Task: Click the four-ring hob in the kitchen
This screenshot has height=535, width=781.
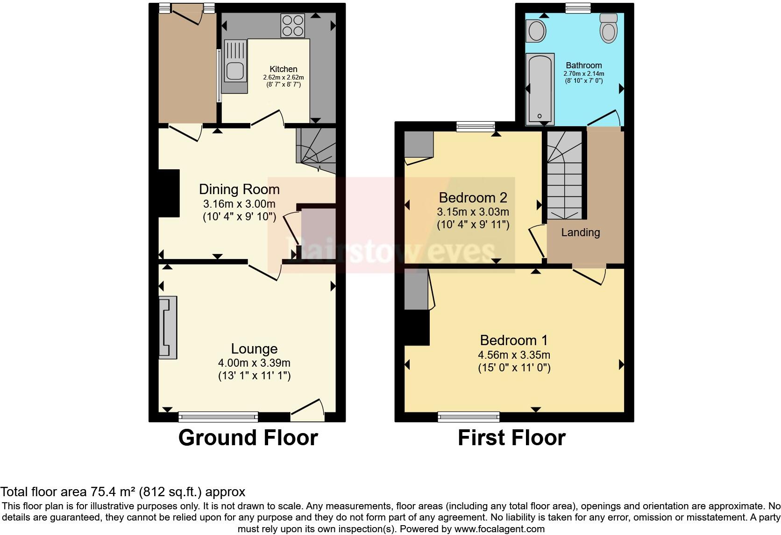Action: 293,25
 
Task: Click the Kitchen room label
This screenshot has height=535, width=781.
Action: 283,69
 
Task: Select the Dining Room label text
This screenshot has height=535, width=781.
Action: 239,189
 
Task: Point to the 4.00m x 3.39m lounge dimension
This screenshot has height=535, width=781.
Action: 254,363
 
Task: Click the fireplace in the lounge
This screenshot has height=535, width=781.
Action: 168,327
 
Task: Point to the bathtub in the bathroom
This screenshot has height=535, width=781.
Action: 540,89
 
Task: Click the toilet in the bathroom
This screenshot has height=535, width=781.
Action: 608,28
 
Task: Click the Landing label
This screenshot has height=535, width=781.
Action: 580,232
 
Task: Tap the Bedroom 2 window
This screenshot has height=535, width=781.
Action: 475,126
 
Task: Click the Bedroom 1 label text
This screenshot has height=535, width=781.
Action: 514,340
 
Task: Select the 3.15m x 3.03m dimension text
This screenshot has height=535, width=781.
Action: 473,212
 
